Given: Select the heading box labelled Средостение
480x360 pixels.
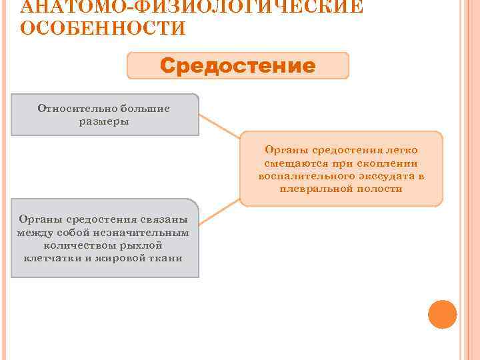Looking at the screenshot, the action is (x=238, y=66).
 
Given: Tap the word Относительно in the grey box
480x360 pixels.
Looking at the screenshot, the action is (x=73, y=109).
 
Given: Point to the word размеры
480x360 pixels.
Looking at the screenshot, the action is (x=105, y=121).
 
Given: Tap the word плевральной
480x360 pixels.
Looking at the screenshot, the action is (x=314, y=189).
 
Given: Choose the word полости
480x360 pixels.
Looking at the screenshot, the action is (x=379, y=189).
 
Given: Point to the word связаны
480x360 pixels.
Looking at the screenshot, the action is (x=166, y=219).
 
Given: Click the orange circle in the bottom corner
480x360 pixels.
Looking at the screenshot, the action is (x=441, y=314).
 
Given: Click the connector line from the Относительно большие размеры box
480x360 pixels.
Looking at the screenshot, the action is (x=220, y=127).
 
